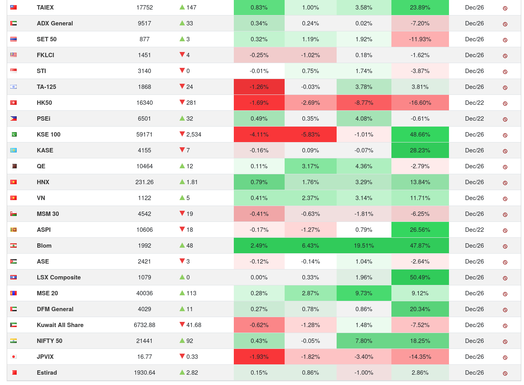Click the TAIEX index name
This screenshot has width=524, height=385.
45,8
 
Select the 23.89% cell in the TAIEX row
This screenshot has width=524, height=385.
420,8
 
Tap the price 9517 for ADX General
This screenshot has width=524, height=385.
144,23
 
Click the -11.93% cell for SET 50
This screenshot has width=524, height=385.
420,39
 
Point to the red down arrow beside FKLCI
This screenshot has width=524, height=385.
182,55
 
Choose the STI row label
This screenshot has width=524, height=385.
41,71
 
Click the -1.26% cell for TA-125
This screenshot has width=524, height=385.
259,87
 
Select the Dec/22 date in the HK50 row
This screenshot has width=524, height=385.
474,103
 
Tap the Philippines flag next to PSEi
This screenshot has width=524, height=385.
13,119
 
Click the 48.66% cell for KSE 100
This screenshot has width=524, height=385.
420,135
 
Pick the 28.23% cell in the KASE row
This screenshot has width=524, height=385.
420,150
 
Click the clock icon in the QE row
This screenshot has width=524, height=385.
505,167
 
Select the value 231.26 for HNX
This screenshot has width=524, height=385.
144,182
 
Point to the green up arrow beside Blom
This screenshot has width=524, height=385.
182,245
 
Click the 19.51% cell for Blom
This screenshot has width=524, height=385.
364,246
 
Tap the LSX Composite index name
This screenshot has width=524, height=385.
59,277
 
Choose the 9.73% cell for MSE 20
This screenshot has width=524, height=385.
364,293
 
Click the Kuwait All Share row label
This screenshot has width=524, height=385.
60,325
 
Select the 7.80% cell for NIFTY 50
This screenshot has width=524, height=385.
364,341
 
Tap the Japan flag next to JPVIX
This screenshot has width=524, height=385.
13,357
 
